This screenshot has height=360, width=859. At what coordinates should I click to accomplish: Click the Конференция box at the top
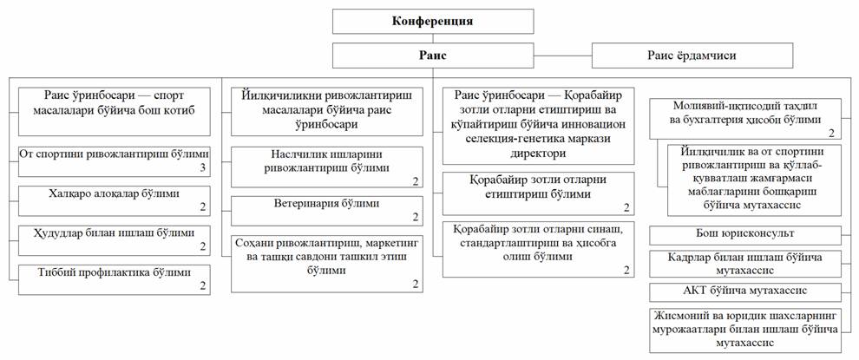433,22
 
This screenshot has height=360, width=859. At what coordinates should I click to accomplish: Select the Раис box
433,56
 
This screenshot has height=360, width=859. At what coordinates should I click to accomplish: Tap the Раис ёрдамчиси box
692,56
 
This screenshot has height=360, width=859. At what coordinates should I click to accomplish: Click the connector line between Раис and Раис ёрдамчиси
563,56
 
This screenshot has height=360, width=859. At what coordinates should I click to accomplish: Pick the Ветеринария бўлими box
326,211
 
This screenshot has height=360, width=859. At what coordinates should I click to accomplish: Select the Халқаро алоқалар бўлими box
115,200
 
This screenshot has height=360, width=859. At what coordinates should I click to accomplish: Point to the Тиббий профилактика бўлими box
115,279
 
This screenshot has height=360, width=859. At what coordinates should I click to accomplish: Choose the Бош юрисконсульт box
745,235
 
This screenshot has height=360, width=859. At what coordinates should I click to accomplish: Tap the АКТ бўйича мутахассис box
745,292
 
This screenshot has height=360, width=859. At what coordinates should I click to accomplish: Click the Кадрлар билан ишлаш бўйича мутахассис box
745,264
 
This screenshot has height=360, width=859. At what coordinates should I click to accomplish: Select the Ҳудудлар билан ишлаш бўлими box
115,240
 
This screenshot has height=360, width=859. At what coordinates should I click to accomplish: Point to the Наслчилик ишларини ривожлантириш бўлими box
326,167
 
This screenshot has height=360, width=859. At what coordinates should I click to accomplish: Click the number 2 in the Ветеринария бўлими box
415,218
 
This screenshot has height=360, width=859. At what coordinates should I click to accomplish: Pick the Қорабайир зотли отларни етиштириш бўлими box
539,193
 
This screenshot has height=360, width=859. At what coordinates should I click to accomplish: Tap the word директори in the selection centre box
539,155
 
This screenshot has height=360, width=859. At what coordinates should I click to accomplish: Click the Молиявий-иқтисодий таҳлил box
745,119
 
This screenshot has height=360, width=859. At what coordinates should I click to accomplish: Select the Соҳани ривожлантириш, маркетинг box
326,264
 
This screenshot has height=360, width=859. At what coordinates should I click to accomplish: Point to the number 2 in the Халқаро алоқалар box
203,208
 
